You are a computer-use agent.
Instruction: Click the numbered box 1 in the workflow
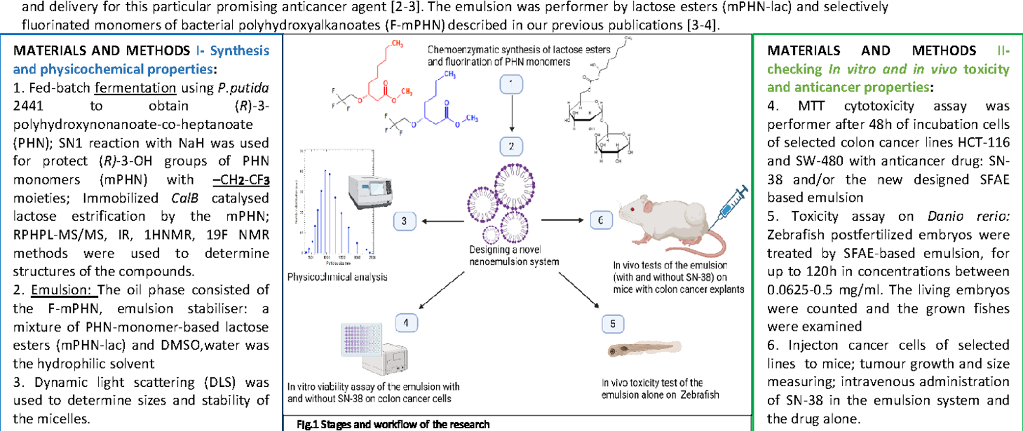[511, 85]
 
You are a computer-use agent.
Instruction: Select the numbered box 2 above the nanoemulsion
[511, 146]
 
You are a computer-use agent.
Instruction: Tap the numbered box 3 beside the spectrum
[404, 221]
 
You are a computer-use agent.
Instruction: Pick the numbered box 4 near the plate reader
[406, 322]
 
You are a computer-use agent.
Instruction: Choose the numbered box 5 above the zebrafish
[613, 324]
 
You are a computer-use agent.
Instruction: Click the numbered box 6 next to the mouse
[600, 220]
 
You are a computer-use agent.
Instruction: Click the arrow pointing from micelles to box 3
[443, 221]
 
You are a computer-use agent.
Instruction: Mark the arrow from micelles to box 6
[562, 220]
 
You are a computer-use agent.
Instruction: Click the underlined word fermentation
[135, 88]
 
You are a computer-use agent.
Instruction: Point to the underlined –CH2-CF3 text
[241, 180]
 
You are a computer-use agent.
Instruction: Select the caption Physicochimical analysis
[337, 277]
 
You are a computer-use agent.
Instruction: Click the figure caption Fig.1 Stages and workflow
[393, 424]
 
